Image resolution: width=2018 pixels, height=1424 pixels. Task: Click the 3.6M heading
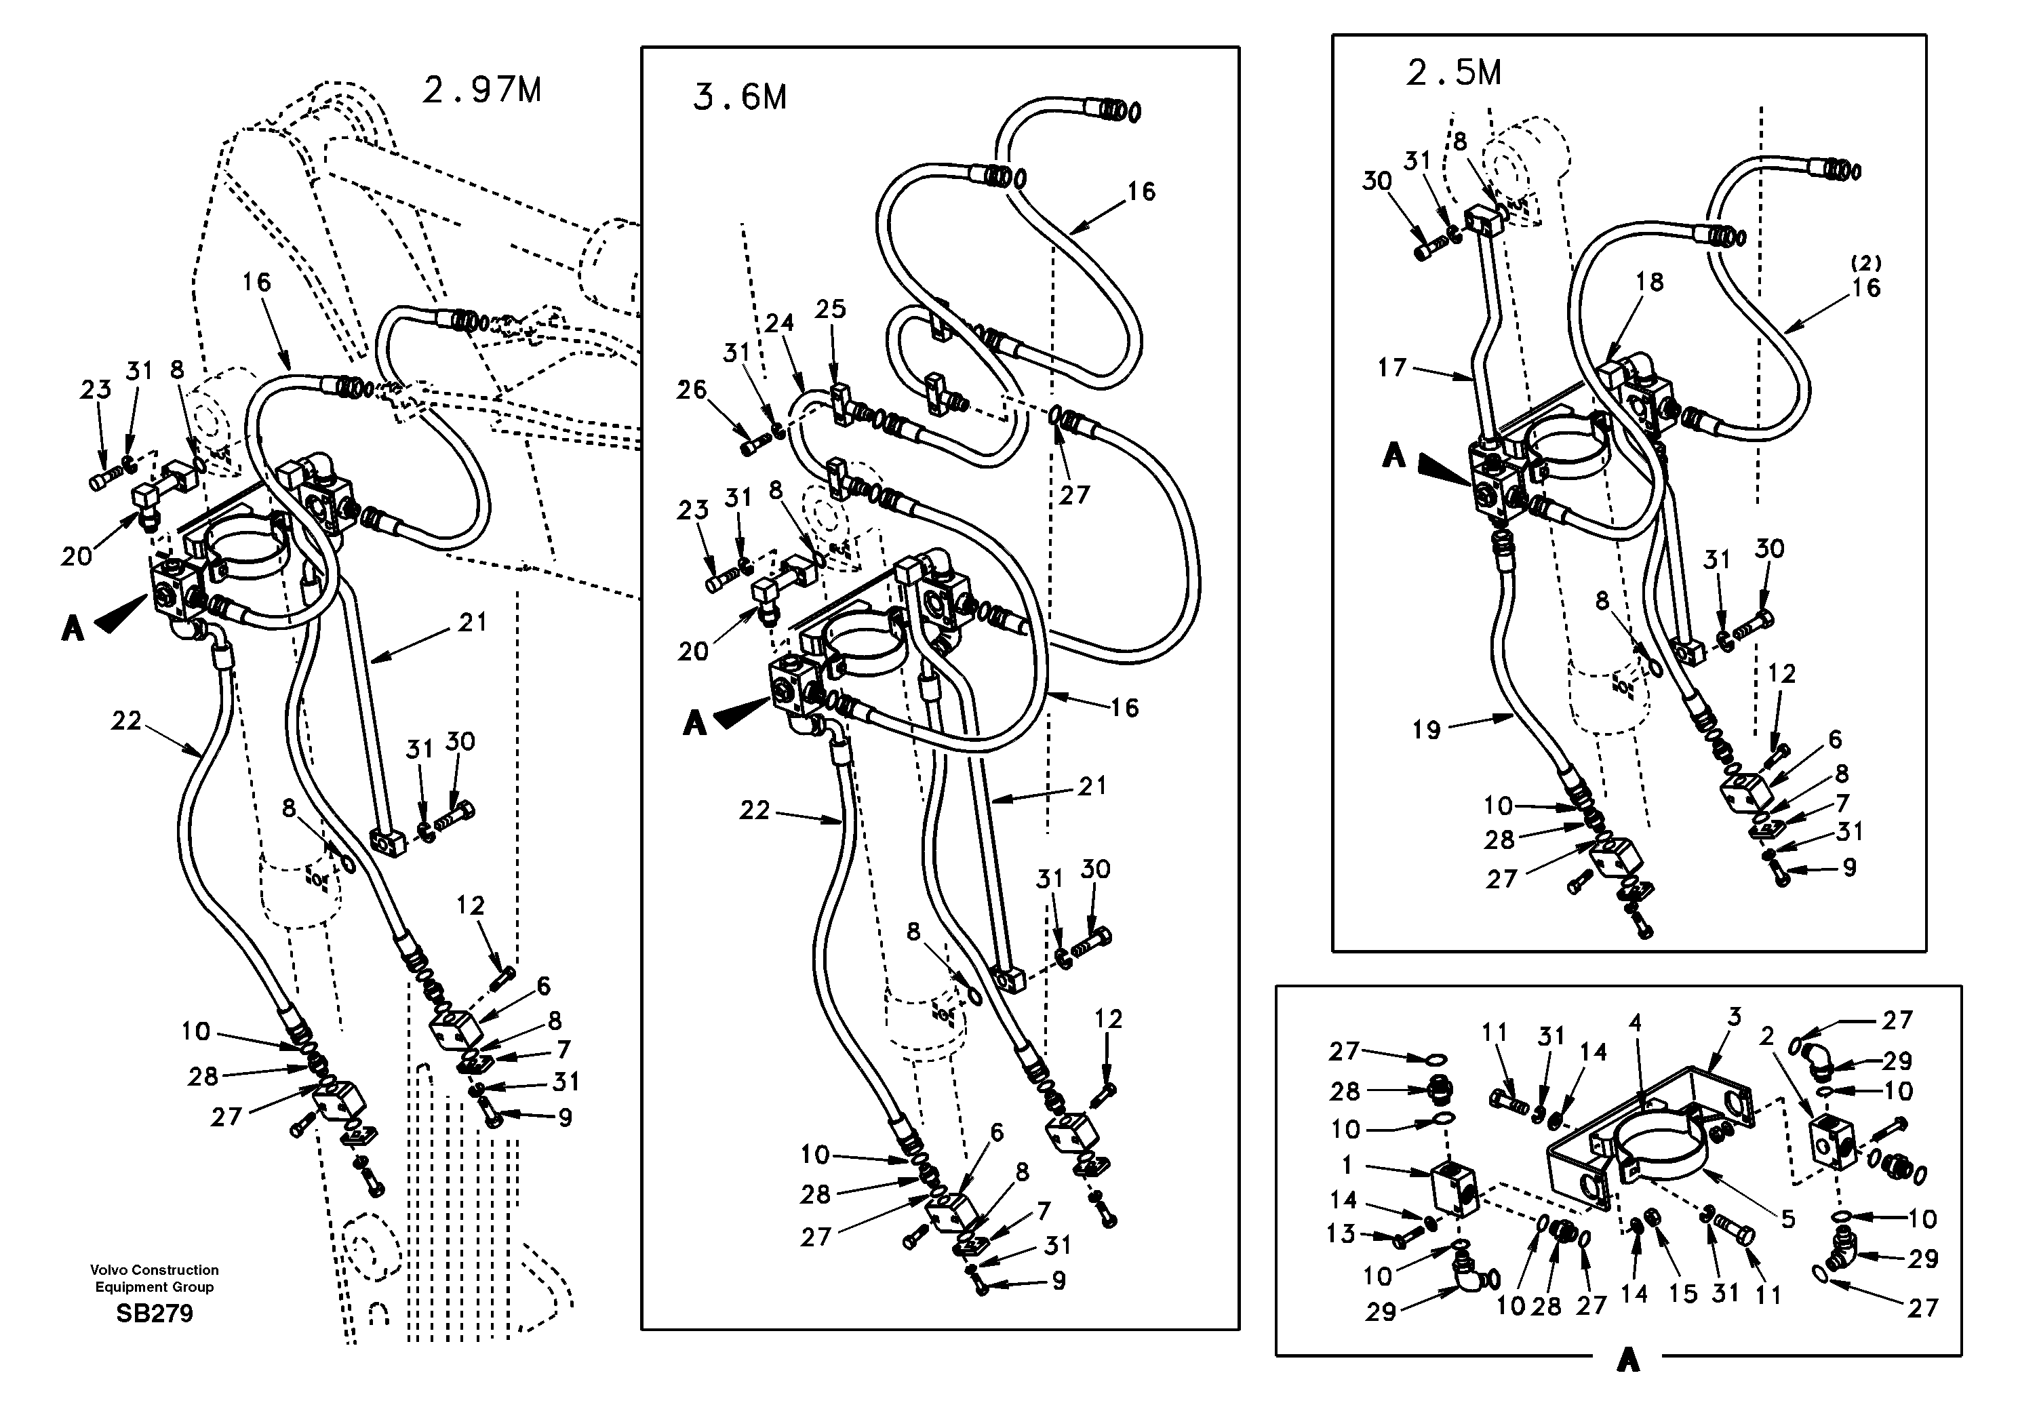tap(739, 98)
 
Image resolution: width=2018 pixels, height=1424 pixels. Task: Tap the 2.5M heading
tap(1454, 74)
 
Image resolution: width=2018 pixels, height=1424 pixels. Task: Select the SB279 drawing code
tap(154, 1314)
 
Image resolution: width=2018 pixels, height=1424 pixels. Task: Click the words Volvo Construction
tap(154, 1269)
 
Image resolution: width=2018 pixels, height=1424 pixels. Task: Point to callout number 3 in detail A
tap(1733, 1018)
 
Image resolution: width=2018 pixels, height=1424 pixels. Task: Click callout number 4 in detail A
tap(1635, 1023)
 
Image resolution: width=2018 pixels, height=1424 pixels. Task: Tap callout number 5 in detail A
tap(1787, 1219)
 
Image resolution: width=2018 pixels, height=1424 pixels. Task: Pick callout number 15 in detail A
tap(1682, 1294)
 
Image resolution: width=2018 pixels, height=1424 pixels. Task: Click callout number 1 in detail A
tap(1347, 1166)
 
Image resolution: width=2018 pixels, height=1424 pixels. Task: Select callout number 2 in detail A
tap(1768, 1037)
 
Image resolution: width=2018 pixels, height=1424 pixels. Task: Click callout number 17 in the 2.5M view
tap(1392, 368)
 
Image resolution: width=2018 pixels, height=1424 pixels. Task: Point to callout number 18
tap(1650, 282)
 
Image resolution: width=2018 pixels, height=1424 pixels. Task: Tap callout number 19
tap(1427, 730)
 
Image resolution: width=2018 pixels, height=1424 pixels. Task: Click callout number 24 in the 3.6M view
tap(778, 324)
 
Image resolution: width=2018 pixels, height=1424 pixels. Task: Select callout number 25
tap(830, 309)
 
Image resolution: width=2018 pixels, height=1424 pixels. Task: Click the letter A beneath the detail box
tap(1628, 1362)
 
